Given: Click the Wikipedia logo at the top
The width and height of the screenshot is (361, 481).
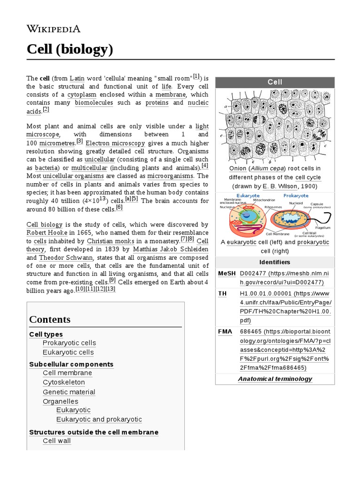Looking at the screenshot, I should tap(53, 29).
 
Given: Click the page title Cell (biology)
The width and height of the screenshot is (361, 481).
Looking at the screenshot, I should tap(70, 49).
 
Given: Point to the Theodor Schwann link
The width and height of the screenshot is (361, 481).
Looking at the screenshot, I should tap(66, 257).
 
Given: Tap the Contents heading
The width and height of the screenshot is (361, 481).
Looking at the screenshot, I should tap(50, 319).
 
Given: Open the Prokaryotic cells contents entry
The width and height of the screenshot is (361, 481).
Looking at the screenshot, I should tap(69, 343).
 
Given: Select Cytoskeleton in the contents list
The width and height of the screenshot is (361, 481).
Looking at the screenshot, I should tap(64, 382).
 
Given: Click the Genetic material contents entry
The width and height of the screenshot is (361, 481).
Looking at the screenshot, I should tap(69, 392).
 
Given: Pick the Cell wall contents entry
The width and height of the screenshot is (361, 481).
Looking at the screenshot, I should tap(57, 441).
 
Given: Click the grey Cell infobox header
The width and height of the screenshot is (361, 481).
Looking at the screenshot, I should tap(275, 82).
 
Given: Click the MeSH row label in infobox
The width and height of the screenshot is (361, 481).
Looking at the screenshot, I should tap(227, 273).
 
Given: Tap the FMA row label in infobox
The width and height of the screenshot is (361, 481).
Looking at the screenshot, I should tap(225, 332).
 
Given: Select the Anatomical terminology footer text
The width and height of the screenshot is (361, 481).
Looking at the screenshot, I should tap(275, 379).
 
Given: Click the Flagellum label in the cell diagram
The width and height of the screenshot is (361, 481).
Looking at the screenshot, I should tap(323, 227).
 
